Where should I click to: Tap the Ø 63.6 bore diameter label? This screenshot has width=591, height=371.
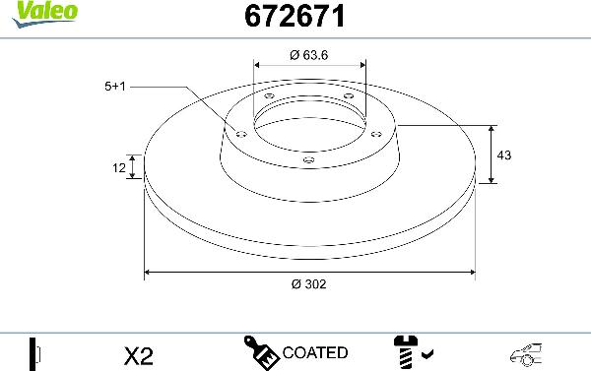pyautogui.click(x=309, y=55)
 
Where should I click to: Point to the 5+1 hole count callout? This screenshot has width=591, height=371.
pyautogui.click(x=115, y=87)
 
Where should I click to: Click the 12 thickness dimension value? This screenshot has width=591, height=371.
pyautogui.click(x=119, y=168)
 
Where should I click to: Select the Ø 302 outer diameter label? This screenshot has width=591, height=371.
pyautogui.click(x=309, y=283)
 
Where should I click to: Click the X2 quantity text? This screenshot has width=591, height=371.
pyautogui.click(x=140, y=353)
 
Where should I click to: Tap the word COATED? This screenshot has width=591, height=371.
pyautogui.click(x=314, y=352)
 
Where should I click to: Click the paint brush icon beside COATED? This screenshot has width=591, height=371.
pyautogui.click(x=261, y=351)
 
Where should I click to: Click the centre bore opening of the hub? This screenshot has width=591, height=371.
pyautogui.click(x=309, y=126)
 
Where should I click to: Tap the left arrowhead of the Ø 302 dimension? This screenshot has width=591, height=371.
pyautogui.click(x=149, y=270)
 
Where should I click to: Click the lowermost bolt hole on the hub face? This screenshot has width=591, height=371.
pyautogui.click(x=309, y=158)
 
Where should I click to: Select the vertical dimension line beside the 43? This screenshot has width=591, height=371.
pyautogui.click(x=491, y=155)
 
